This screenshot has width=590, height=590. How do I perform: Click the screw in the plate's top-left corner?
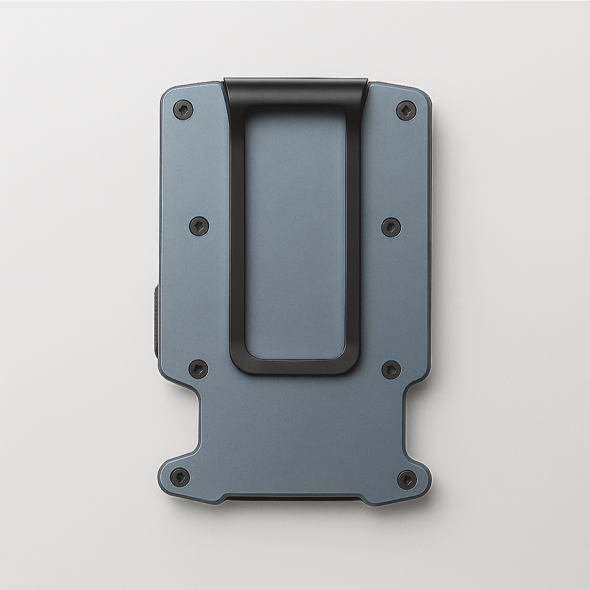pos(183,109)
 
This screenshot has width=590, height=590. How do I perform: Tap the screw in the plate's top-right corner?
pos(406,110)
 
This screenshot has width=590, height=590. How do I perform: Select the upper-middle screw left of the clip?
pos(199,226)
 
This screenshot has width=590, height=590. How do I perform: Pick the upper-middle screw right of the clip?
pos(391,226)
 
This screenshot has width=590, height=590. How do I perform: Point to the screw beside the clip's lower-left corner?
pos(199,369)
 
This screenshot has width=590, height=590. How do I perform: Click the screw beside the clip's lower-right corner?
pos(391,369)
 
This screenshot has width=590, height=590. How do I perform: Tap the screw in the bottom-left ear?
pos(180,477)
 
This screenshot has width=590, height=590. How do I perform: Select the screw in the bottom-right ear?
pos(407,479)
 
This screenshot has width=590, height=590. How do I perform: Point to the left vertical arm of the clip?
pos(237,230)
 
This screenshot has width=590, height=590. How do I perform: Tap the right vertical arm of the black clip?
pos(353,230)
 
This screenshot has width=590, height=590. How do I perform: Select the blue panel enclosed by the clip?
pos(295,230)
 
